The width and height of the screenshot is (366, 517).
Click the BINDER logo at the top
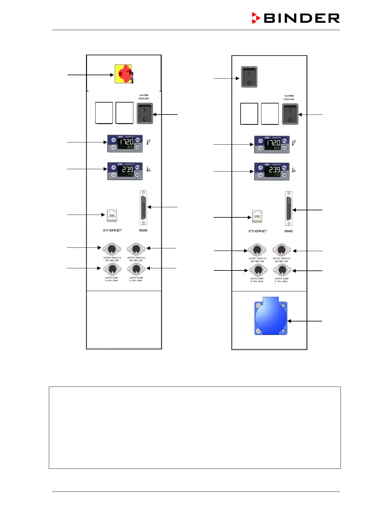point(296,18)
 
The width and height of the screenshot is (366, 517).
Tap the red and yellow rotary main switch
point(124,74)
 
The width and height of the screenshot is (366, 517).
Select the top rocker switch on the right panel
point(249,77)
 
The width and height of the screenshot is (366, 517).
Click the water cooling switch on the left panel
point(145,114)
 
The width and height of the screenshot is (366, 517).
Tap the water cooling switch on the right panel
point(290,114)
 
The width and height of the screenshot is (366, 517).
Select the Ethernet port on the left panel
point(112,215)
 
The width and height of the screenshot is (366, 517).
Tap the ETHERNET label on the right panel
point(258,231)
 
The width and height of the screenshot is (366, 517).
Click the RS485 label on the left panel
point(143,230)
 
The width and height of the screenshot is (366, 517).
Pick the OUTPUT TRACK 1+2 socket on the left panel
point(112,249)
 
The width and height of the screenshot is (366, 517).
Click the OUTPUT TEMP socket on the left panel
point(112,269)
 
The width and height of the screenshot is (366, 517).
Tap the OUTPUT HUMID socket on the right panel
point(282,270)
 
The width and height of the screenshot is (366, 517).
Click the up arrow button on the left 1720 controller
point(113,140)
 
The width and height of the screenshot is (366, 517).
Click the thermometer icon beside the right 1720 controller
point(294,142)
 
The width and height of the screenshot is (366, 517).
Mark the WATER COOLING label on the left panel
point(144,97)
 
